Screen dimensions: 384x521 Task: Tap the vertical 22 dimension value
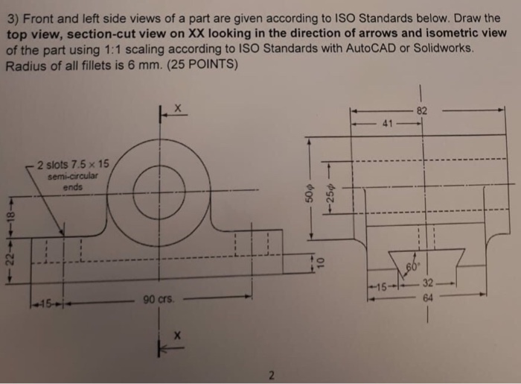[9, 257]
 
